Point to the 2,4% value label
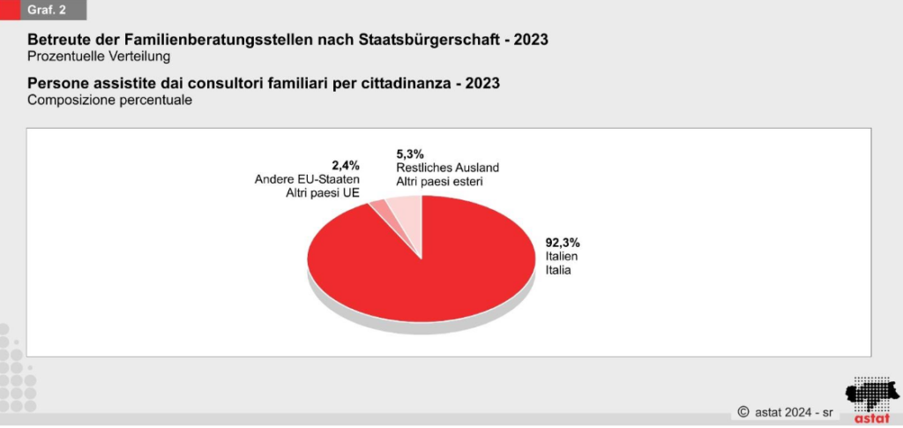(x=346, y=165)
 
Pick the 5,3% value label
(x=410, y=153)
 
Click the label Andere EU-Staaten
(x=307, y=180)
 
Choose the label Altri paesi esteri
(x=440, y=181)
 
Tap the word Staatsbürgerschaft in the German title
(x=436, y=41)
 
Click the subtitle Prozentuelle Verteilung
(x=98, y=57)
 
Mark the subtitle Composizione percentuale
(x=109, y=101)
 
